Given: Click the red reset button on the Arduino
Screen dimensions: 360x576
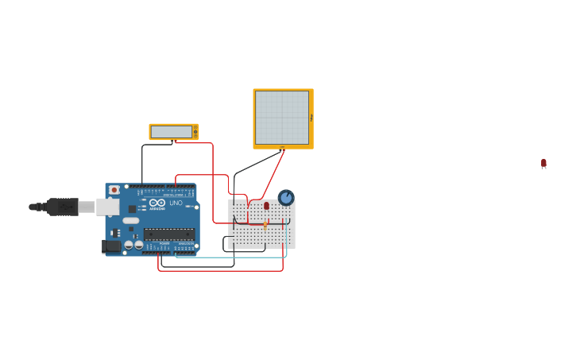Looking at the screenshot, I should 114,190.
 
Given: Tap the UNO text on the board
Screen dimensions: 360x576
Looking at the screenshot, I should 176,203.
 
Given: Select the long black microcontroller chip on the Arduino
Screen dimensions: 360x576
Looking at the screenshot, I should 168,234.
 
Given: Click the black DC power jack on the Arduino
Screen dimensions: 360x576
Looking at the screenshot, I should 112,246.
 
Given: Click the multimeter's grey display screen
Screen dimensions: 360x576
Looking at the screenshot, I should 171,132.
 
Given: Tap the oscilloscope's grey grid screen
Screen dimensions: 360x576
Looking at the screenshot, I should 281,118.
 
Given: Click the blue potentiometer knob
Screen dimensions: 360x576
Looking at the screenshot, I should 286,197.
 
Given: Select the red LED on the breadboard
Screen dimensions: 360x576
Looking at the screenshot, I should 266,206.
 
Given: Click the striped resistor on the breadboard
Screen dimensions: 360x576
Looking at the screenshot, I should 265,225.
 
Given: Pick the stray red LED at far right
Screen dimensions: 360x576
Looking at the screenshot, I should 543,163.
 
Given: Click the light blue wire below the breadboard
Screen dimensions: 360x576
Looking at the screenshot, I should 238,257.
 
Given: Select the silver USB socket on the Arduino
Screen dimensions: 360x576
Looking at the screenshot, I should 107,207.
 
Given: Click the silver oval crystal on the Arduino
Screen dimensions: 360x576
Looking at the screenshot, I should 131,220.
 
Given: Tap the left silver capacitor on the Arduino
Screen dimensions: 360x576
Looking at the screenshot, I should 129,246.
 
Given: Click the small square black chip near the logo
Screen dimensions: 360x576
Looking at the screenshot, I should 132,208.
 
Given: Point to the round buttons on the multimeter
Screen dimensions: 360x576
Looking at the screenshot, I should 195,132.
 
